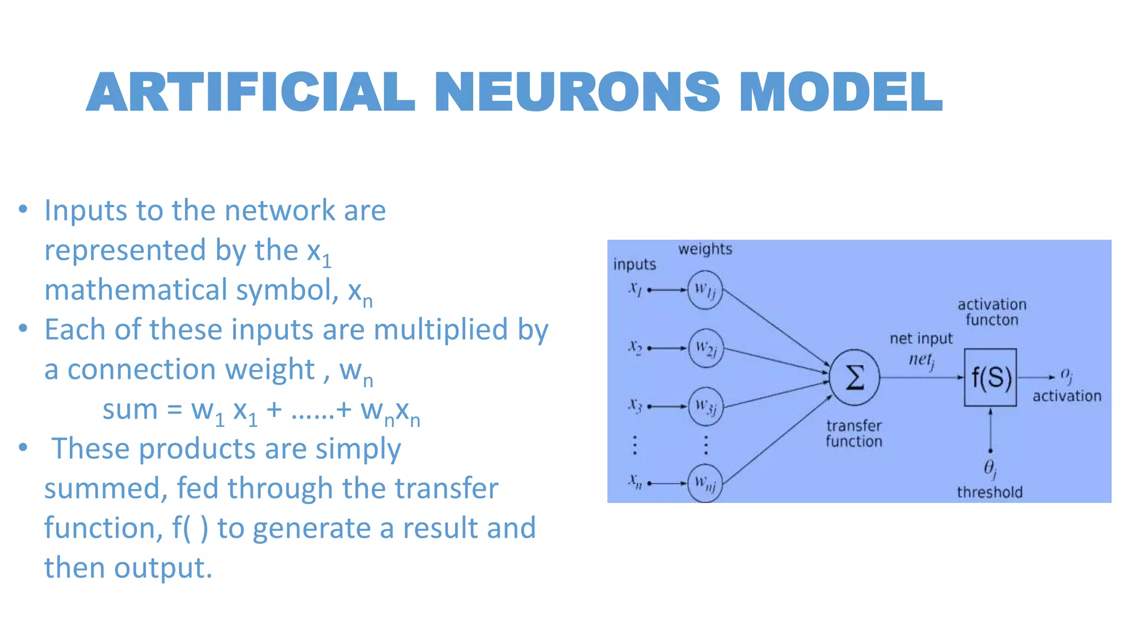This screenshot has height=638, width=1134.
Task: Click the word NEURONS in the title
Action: click(x=577, y=92)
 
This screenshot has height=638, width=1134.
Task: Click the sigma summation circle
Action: click(x=854, y=378)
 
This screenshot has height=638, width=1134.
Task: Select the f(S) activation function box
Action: click(x=990, y=378)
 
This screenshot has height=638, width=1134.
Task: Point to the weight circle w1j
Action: click(x=705, y=290)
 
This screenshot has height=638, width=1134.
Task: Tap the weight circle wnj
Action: click(x=705, y=483)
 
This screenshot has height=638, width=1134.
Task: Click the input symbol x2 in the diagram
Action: click(x=635, y=347)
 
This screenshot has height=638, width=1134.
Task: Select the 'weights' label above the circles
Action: click(x=705, y=249)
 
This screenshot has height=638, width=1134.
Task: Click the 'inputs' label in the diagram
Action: click(x=635, y=264)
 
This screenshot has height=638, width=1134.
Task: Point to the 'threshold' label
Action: click(x=989, y=492)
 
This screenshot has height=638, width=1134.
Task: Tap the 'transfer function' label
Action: click(x=854, y=434)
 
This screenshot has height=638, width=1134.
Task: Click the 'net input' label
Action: click(x=921, y=338)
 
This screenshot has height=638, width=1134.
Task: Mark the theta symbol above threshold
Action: click(x=989, y=469)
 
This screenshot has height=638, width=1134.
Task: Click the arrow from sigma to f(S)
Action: click(x=921, y=378)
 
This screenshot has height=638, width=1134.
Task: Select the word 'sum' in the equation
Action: click(x=130, y=410)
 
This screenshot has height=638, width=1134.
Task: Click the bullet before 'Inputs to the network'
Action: click(x=23, y=209)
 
